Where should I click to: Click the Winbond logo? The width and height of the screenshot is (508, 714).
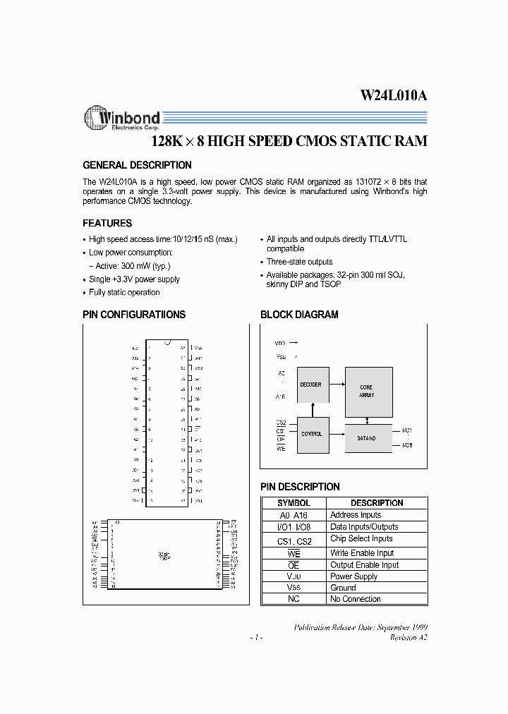point(121,119)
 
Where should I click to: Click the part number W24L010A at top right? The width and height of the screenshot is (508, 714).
point(394,97)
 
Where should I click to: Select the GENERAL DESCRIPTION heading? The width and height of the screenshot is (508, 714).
point(137,165)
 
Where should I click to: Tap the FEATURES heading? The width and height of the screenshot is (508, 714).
point(107,223)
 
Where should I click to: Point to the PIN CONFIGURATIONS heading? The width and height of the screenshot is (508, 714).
point(134,315)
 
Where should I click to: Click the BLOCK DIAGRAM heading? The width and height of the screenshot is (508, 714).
point(299,315)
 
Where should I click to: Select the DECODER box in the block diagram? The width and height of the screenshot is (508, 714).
point(310,385)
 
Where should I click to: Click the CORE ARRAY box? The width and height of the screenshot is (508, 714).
point(366,391)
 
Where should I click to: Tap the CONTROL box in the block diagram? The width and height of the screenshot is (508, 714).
point(311,434)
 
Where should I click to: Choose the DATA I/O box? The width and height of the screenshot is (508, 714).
point(366,438)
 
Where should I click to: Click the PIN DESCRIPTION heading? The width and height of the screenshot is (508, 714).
point(300,487)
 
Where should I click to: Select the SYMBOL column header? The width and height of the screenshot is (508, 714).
point(294,503)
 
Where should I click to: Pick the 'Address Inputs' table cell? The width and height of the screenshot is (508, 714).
point(356,515)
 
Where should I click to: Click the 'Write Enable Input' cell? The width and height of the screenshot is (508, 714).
point(362,553)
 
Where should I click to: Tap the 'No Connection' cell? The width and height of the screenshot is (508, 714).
point(356,599)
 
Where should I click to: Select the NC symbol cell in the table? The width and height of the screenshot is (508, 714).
point(294,599)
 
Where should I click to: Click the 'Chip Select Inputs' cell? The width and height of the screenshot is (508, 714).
point(361,539)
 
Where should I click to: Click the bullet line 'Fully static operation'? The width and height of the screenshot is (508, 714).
point(124,292)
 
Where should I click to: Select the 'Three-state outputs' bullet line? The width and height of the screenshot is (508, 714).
point(299,262)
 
